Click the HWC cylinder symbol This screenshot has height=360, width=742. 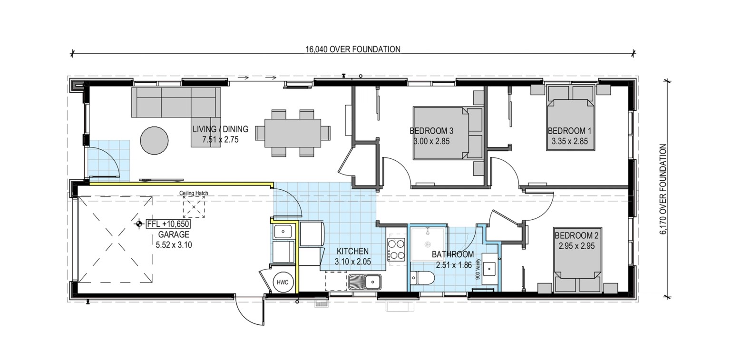(x=282, y=282)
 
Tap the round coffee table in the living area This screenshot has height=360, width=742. (x=155, y=140)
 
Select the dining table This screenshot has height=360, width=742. (x=293, y=133)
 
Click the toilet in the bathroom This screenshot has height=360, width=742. (x=422, y=278)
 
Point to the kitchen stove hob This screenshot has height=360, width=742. (x=396, y=250)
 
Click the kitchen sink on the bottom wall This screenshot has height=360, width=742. (x=365, y=282)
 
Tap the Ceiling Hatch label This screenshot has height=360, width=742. (x=194, y=193)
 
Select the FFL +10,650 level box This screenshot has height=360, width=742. (x=168, y=224)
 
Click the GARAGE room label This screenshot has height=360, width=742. (x=174, y=234)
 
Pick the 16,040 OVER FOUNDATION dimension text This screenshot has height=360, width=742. (x=353, y=49)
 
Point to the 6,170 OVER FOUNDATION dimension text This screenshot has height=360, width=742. (x=663, y=189)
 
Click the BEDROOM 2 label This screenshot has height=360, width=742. (x=576, y=235)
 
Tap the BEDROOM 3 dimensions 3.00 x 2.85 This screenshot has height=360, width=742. (x=431, y=141)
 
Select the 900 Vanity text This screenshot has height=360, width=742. (x=478, y=269)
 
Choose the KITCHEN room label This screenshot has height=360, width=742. (x=352, y=251)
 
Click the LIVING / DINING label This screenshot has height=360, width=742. (x=220, y=129)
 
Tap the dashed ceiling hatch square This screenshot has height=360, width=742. (x=194, y=207)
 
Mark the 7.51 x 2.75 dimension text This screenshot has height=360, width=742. (x=220, y=140)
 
